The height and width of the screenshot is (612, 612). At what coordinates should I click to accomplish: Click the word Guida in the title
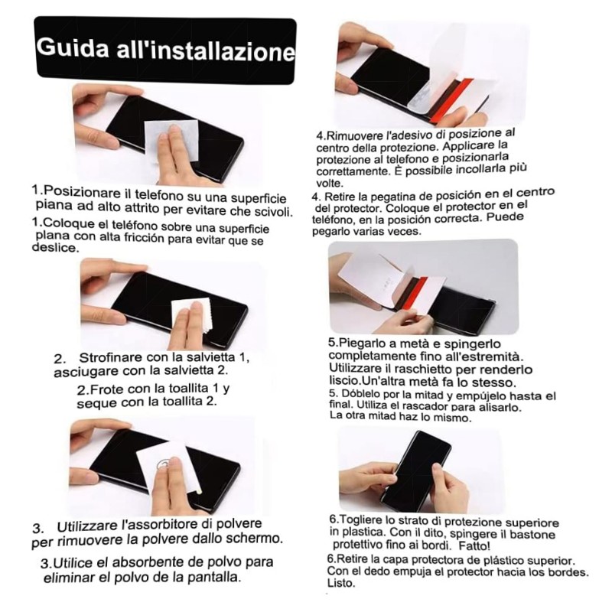[73, 47]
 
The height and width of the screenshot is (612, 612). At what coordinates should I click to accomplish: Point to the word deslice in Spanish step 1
[54, 247]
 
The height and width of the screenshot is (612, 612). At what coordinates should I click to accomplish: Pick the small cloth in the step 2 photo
[192, 316]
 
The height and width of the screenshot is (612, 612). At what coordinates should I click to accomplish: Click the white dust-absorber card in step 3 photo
[168, 467]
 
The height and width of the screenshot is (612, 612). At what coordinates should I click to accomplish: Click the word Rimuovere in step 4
[355, 136]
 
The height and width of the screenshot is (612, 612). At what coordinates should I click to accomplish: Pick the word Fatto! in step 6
[474, 545]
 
